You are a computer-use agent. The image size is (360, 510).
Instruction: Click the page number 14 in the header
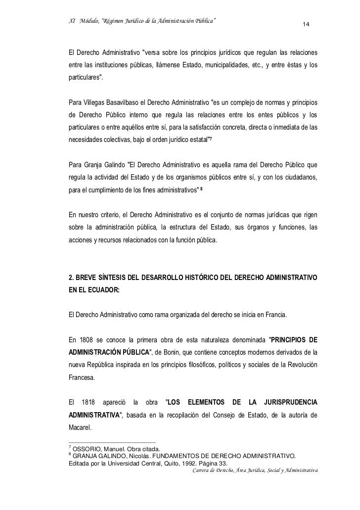pyautogui.click(x=306, y=25)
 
